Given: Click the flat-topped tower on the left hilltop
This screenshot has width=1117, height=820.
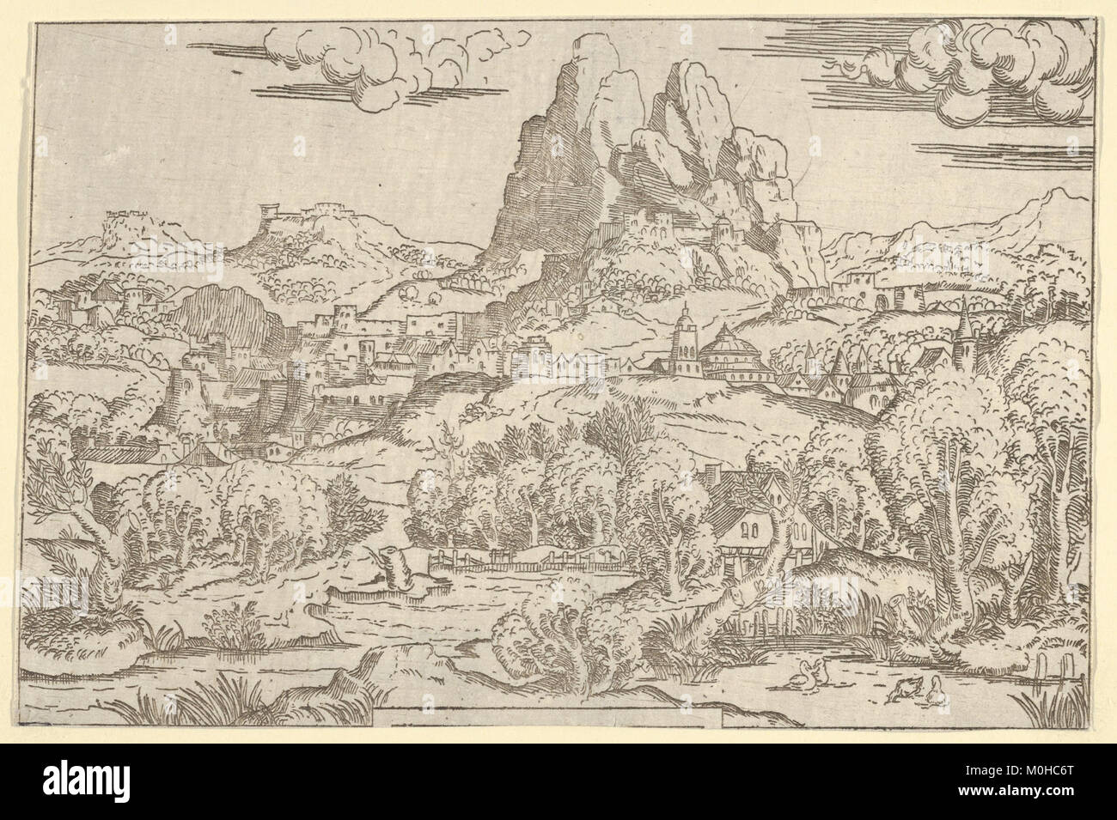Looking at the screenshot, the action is coord(268,210).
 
